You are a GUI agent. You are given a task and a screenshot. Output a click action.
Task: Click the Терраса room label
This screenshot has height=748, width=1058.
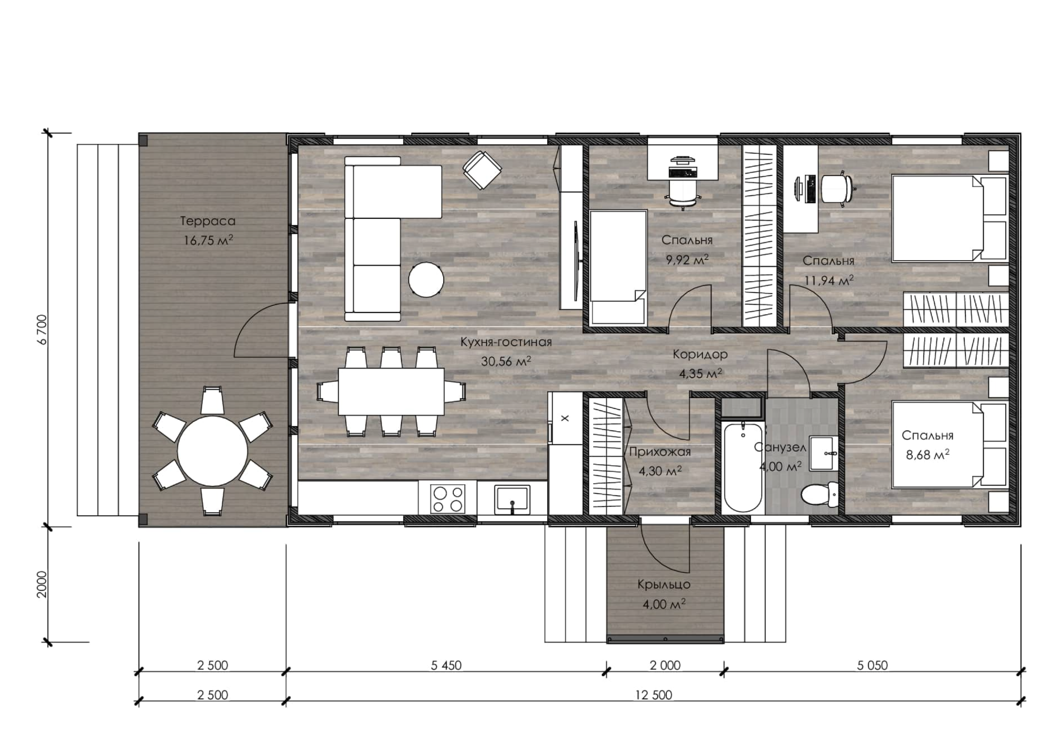coord(208,221)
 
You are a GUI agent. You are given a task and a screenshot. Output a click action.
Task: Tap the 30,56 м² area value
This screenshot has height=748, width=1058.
coord(506,362)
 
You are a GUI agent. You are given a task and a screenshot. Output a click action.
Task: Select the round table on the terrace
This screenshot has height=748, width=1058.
coord(212,451)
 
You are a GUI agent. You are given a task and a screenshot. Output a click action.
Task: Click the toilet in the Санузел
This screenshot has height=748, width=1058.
coord(819,495)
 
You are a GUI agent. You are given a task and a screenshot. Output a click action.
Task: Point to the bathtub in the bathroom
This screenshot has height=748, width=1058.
coord(742,467)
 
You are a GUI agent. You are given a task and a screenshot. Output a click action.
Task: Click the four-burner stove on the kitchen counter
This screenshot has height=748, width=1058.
coord(448,499)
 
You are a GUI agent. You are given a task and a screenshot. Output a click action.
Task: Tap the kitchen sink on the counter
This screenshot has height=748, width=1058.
coord(511,499)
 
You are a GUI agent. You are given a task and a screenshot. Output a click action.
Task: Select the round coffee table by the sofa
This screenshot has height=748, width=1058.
coord(426,279)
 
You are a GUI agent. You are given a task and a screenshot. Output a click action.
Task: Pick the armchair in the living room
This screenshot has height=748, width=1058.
coord(482,170)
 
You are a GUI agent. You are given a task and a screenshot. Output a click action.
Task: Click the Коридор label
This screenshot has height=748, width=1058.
coord(700,354)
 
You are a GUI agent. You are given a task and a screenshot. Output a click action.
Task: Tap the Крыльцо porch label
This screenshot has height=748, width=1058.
coord(664,585)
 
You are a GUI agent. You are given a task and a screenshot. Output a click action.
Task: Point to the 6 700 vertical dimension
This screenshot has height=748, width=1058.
coord(44,329)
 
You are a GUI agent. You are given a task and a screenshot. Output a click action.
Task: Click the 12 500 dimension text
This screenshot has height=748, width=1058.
coord(654,695)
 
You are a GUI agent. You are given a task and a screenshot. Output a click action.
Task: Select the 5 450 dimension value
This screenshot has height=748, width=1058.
coord(446,665)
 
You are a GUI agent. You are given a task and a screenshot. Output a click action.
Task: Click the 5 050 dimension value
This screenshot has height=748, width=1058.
coord(872,665)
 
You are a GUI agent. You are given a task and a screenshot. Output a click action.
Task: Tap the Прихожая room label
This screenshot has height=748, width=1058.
coord(660,452)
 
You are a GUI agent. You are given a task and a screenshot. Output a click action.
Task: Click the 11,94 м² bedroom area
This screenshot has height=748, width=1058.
coord(829,279)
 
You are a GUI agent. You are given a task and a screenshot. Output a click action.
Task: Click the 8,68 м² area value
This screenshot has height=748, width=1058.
coord(928,455)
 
